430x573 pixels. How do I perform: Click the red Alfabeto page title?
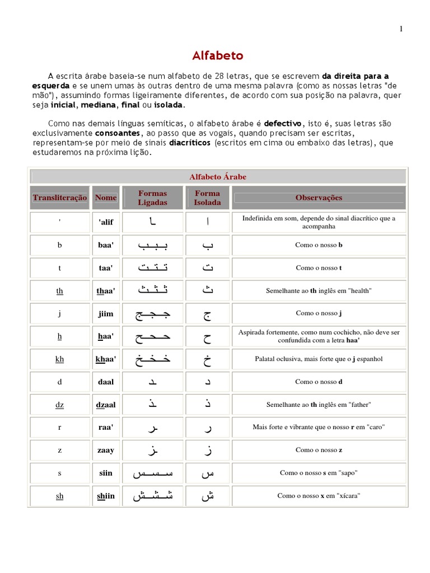click(218, 56)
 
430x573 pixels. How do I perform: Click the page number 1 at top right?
click(401, 30)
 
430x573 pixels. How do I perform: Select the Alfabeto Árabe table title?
click(218, 177)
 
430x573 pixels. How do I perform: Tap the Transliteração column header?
click(60, 198)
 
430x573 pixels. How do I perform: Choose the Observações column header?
click(319, 198)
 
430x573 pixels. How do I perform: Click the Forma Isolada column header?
click(208, 198)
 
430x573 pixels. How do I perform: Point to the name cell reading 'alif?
click(106, 222)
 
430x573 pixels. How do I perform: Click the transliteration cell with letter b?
click(60, 245)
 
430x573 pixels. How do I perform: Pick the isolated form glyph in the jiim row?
click(208, 314)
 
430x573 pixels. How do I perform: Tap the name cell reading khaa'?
click(106, 359)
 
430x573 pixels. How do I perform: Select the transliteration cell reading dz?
click(60, 405)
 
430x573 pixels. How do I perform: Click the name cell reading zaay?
click(106, 450)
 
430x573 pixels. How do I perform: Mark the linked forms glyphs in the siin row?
click(153, 473)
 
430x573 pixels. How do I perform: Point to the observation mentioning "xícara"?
click(319, 496)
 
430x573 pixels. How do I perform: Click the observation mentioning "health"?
click(319, 291)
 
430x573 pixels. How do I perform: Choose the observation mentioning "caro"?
click(319, 428)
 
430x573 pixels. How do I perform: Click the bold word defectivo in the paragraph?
click(283, 123)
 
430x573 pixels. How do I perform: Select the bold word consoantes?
click(117, 133)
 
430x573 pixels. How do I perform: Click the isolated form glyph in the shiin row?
click(208, 496)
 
